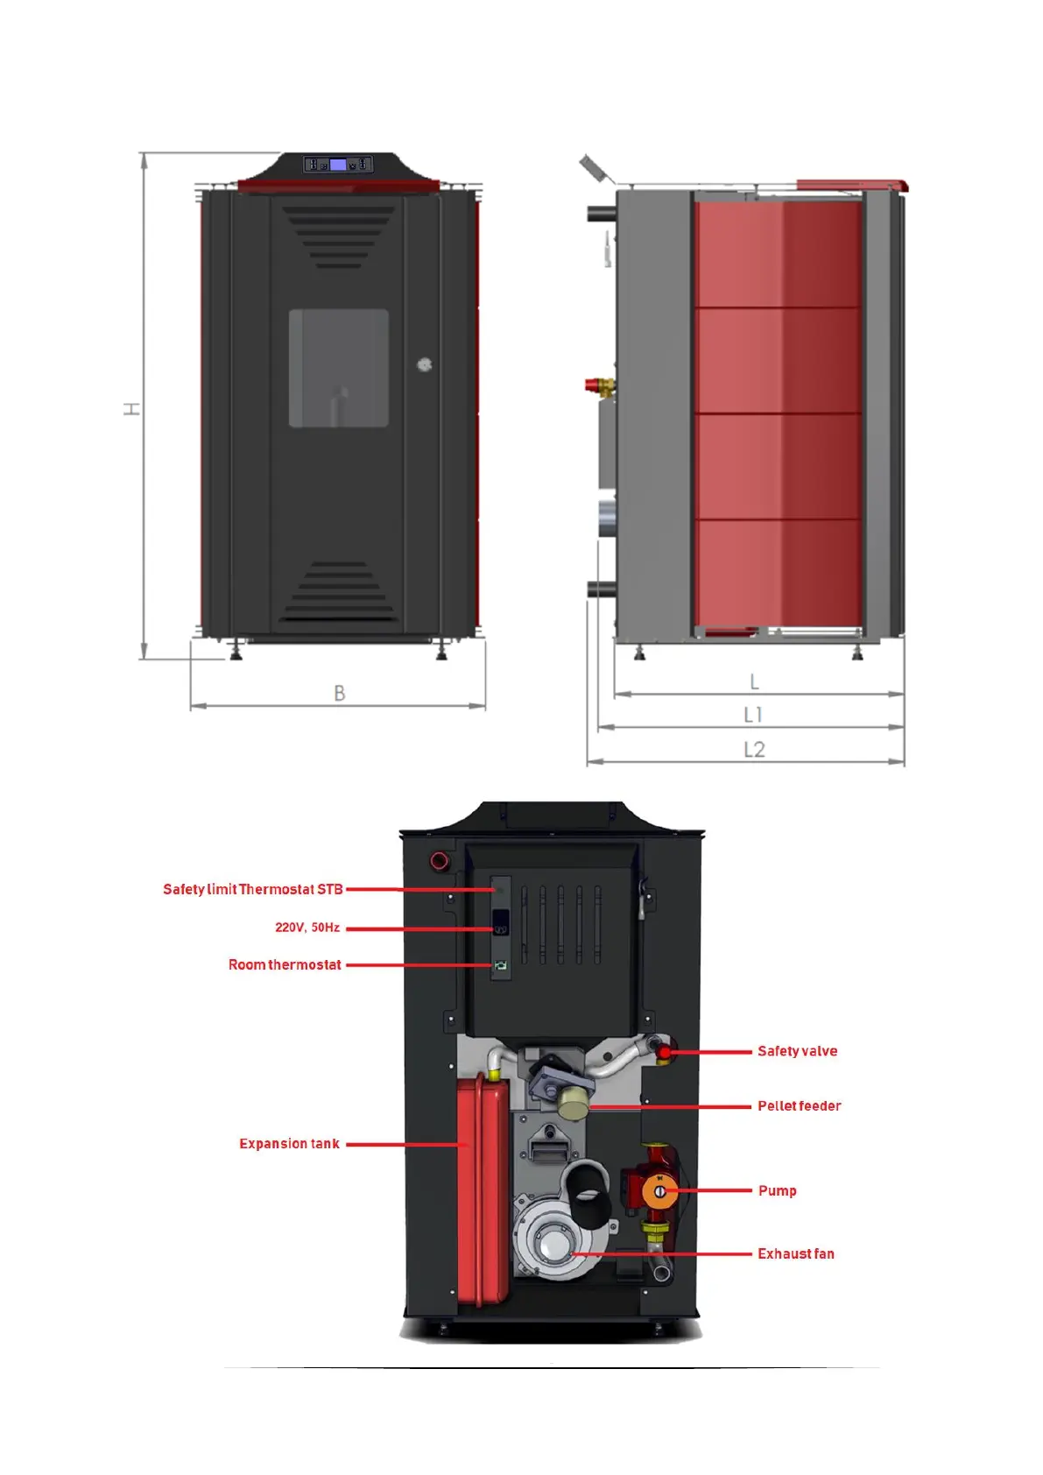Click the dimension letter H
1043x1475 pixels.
coord(131,408)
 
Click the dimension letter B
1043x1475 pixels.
coord(340,693)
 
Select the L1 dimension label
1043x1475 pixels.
coord(753,715)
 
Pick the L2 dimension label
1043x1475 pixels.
coord(754,749)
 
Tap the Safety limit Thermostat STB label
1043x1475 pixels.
coord(252,889)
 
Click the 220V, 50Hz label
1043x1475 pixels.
coord(307,927)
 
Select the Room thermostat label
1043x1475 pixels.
coord(285,964)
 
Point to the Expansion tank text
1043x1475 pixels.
coord(289,1143)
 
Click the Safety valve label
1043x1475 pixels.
coord(797,1051)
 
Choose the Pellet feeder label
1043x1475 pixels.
coord(799,1105)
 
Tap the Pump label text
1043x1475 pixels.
coord(777,1190)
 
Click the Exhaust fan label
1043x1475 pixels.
coord(795,1253)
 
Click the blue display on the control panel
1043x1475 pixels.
coord(337,165)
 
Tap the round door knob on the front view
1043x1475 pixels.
coord(425,364)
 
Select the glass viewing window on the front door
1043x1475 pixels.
coord(339,368)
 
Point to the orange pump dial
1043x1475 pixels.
coord(659,1190)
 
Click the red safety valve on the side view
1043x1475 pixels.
coord(598,384)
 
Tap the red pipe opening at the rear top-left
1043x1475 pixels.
coord(440,860)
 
